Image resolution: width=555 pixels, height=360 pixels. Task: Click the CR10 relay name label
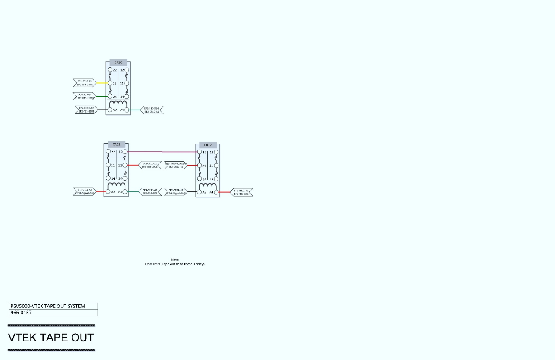pyautogui.click(x=118, y=63)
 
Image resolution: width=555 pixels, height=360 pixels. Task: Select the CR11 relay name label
pyautogui.click(x=117, y=144)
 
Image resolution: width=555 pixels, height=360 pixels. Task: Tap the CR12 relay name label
pyautogui.click(x=208, y=145)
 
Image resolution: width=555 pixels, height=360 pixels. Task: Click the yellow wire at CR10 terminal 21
pyautogui.click(x=102, y=83)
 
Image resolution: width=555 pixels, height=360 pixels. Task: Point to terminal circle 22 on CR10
pyautogui.click(x=110, y=70)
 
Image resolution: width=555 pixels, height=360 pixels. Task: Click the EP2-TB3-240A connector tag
pyautogui.click(x=85, y=83)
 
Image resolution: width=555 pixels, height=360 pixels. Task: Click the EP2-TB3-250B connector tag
pyautogui.click(x=86, y=110)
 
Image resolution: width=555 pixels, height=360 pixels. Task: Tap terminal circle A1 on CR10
pyautogui.click(x=127, y=110)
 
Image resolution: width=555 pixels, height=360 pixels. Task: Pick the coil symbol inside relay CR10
pyautogui.click(x=118, y=104)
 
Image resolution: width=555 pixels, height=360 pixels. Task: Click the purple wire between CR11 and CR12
pyautogui.click(x=162, y=152)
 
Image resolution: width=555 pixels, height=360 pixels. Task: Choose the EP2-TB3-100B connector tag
pyautogui.click(x=150, y=165)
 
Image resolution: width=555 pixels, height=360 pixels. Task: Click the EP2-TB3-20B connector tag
pyautogui.click(x=150, y=191)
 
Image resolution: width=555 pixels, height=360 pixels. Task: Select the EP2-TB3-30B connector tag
pyautogui.click(x=241, y=192)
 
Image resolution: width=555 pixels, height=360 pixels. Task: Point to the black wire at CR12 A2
pyautogui.click(x=192, y=192)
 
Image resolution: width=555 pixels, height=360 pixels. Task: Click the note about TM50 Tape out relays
pyautogui.click(x=175, y=262)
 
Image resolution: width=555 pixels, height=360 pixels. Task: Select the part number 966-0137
pyautogui.click(x=21, y=313)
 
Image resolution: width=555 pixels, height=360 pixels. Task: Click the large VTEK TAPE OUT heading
pyautogui.click(x=51, y=338)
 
